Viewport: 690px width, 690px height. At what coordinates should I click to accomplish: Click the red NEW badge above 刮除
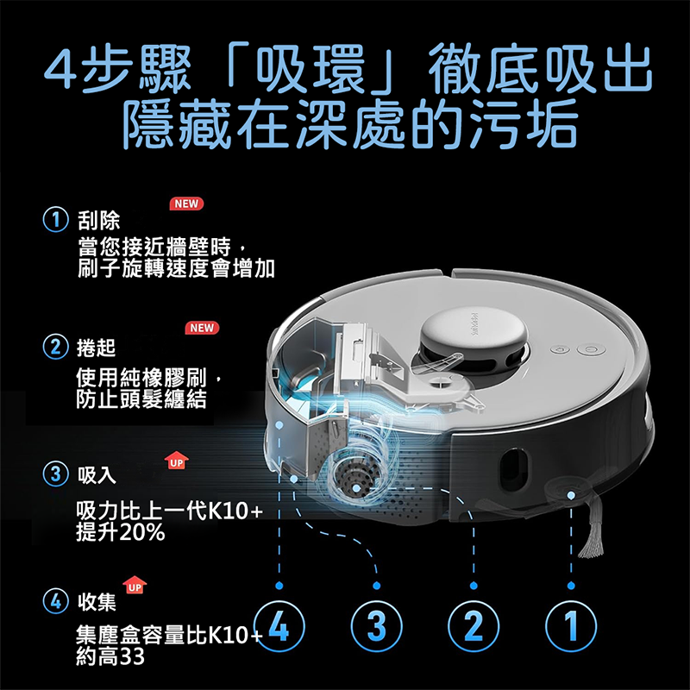[186, 204]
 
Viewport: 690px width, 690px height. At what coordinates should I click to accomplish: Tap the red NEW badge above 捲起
[202, 328]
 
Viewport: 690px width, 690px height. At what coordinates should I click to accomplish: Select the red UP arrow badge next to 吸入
[177, 461]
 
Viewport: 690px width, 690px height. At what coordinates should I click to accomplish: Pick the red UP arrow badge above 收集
[135, 585]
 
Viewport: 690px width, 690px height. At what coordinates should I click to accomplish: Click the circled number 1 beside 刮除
[56, 220]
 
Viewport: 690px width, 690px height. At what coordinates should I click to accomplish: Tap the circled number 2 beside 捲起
[55, 347]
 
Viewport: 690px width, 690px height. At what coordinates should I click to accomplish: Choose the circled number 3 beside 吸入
[55, 474]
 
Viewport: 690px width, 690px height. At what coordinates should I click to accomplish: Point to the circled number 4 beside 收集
[55, 600]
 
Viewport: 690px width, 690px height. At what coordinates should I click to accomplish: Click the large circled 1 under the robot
[571, 626]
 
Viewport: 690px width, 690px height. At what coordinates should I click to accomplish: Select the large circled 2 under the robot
[474, 626]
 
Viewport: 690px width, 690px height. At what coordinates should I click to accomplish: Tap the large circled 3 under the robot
[376, 626]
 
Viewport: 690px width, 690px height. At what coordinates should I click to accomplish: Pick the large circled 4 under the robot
[279, 626]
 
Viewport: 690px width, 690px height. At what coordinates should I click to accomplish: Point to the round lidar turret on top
[474, 339]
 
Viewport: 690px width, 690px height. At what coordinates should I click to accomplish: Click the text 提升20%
[120, 532]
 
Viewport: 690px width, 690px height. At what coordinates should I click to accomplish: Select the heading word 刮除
[98, 220]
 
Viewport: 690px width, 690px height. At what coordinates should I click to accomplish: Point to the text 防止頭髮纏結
[141, 399]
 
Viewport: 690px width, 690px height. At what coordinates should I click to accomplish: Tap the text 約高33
[110, 656]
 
